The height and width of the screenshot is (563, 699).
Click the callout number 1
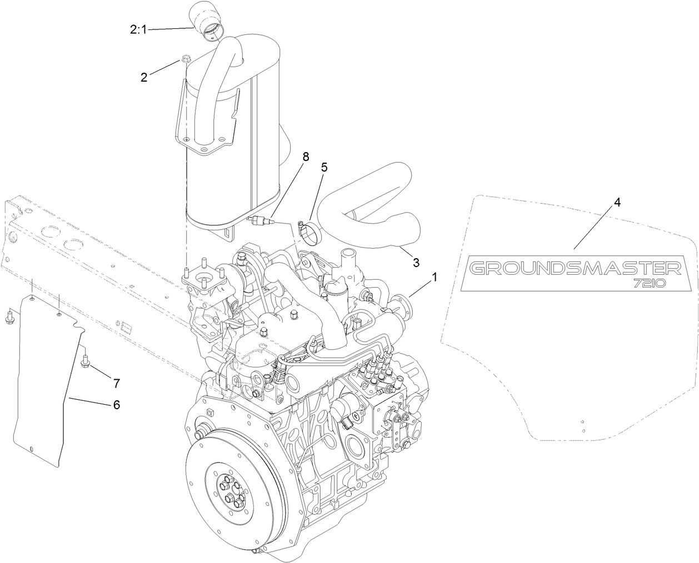pos(435,276)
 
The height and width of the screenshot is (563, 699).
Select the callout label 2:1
pos(138,29)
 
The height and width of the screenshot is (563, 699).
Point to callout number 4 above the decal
pos(617,202)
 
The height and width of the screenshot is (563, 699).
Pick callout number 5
pos(324,166)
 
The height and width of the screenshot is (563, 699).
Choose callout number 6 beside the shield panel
pos(116,405)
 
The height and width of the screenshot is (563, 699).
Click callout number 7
pos(116,383)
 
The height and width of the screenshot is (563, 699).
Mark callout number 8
pos(306,157)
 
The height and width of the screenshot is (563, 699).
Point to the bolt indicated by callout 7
pos(86,363)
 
